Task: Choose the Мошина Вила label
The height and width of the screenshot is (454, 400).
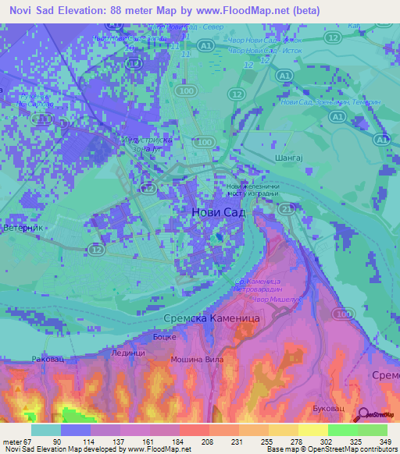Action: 198,360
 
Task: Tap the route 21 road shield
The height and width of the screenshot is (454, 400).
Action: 287,210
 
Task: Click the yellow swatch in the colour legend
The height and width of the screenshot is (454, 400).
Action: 313,430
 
